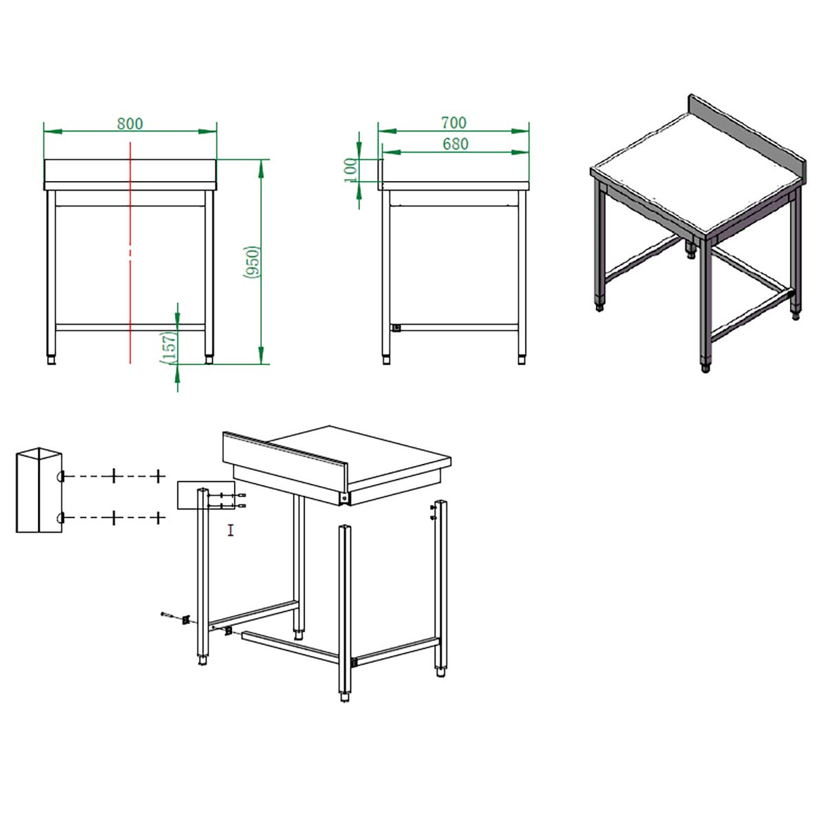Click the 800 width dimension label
[x=130, y=123]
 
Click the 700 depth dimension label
[x=454, y=123]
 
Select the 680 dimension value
[x=455, y=144]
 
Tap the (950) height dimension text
[x=252, y=262]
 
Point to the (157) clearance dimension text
[x=169, y=348]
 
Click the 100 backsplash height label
[x=350, y=170]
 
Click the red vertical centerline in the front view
[x=130, y=253]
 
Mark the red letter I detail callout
[x=231, y=530]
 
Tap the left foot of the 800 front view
[x=52, y=359]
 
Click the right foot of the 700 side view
[x=522, y=359]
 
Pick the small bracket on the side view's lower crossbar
[x=396, y=328]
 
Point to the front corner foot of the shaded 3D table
[x=705, y=368]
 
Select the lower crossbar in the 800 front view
[x=130, y=328]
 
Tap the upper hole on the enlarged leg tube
[x=61, y=476]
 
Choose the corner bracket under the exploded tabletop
[x=343, y=498]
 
